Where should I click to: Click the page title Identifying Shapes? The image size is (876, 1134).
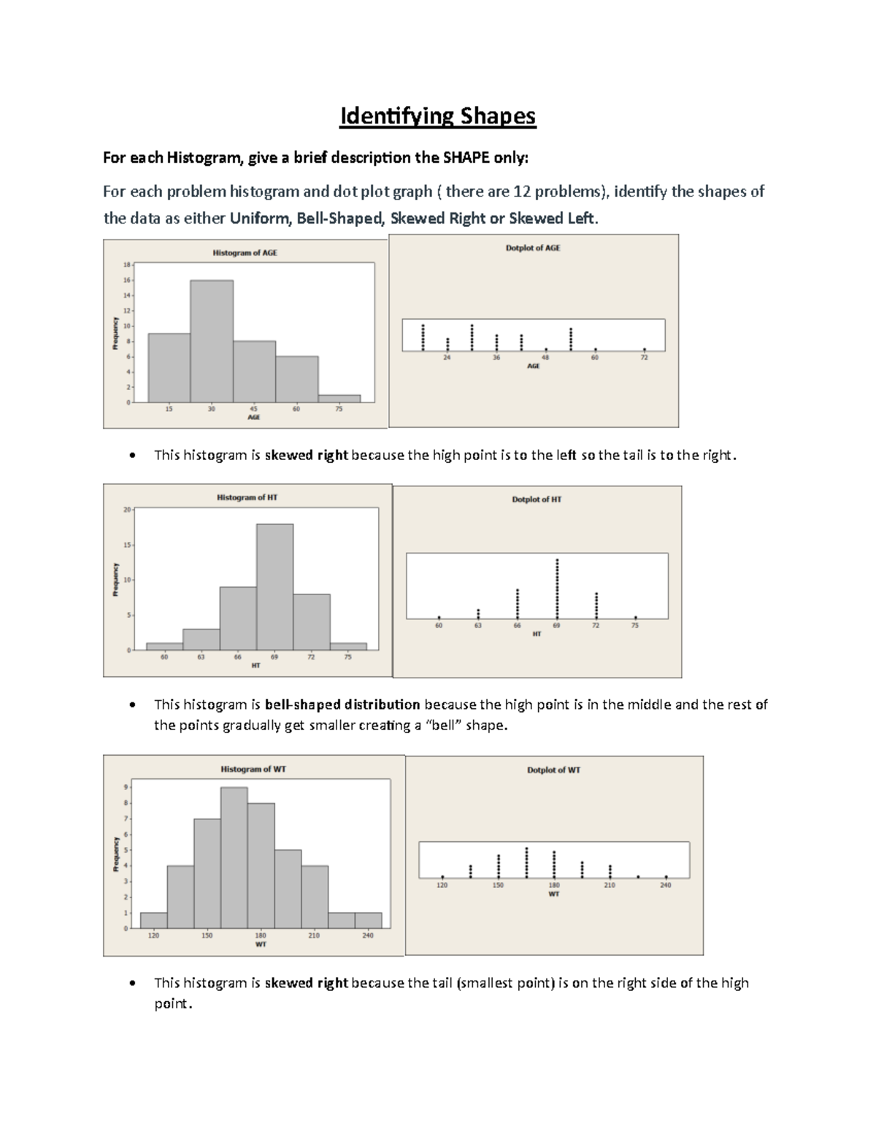pos(437,116)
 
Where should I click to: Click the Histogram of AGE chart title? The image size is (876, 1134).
pos(245,253)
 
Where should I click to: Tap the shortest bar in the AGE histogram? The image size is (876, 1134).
pos(339,399)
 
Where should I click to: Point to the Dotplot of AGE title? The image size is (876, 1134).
pos(533,248)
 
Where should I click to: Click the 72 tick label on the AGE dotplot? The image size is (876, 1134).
pos(645,358)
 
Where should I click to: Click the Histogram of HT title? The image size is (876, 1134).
pos(247,497)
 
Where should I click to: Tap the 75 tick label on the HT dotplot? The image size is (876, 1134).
pos(635,626)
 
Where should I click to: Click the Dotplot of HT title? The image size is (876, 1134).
pos(537,499)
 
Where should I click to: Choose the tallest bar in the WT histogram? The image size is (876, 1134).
pos(234,857)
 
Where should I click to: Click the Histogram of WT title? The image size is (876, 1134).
pos(253,769)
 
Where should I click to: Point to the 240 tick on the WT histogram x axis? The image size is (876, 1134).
pos(367,935)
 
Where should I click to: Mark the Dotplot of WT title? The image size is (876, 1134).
pos(553,770)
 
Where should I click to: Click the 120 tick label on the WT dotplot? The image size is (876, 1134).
pos(442,885)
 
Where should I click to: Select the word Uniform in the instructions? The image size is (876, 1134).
pos(260,218)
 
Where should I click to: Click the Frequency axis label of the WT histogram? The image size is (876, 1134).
pos(115,854)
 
